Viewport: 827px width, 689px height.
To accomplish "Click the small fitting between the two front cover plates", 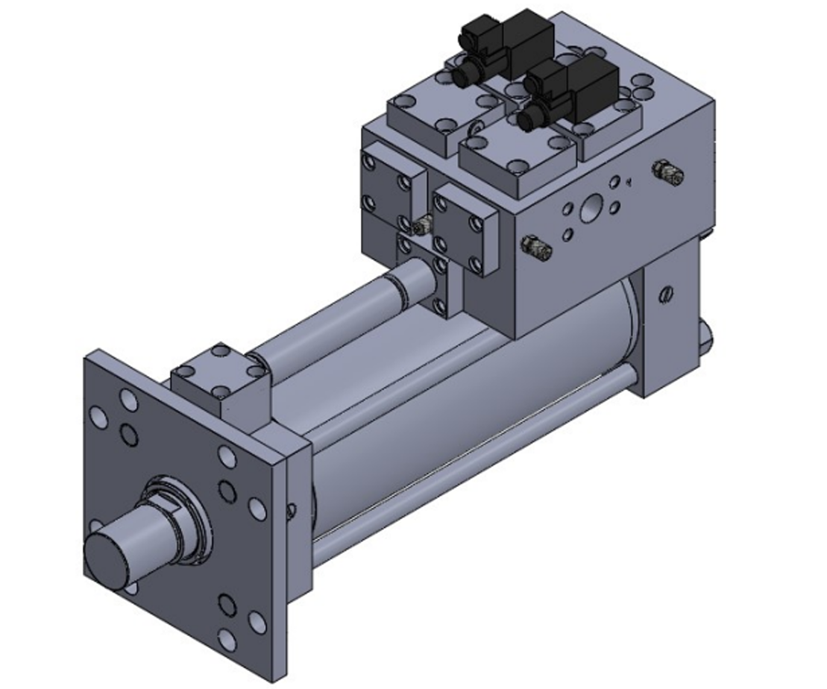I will [423, 224].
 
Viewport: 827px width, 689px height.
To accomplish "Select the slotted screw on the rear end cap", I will [666, 295].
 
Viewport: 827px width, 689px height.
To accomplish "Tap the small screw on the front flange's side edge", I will [292, 510].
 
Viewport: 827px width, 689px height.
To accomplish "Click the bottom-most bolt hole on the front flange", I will [227, 640].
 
